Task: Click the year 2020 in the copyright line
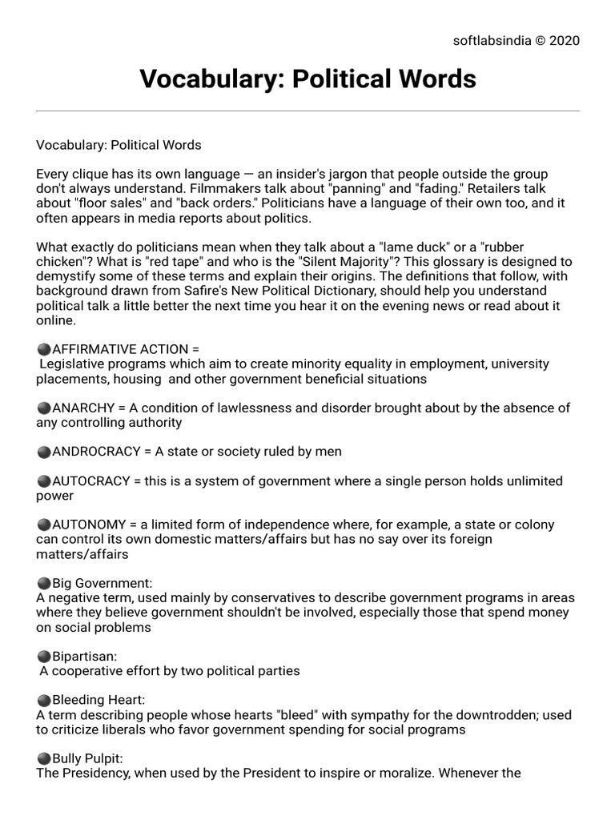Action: tap(565, 41)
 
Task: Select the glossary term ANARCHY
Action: tap(84, 408)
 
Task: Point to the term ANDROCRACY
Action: tap(96, 452)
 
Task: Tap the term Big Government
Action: tap(102, 583)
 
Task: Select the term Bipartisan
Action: tap(85, 656)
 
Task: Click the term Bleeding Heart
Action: tap(98, 700)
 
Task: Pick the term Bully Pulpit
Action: tap(87, 758)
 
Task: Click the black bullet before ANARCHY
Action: tap(44, 408)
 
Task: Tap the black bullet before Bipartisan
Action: tap(44, 657)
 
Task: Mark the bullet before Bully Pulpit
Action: tap(44, 759)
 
